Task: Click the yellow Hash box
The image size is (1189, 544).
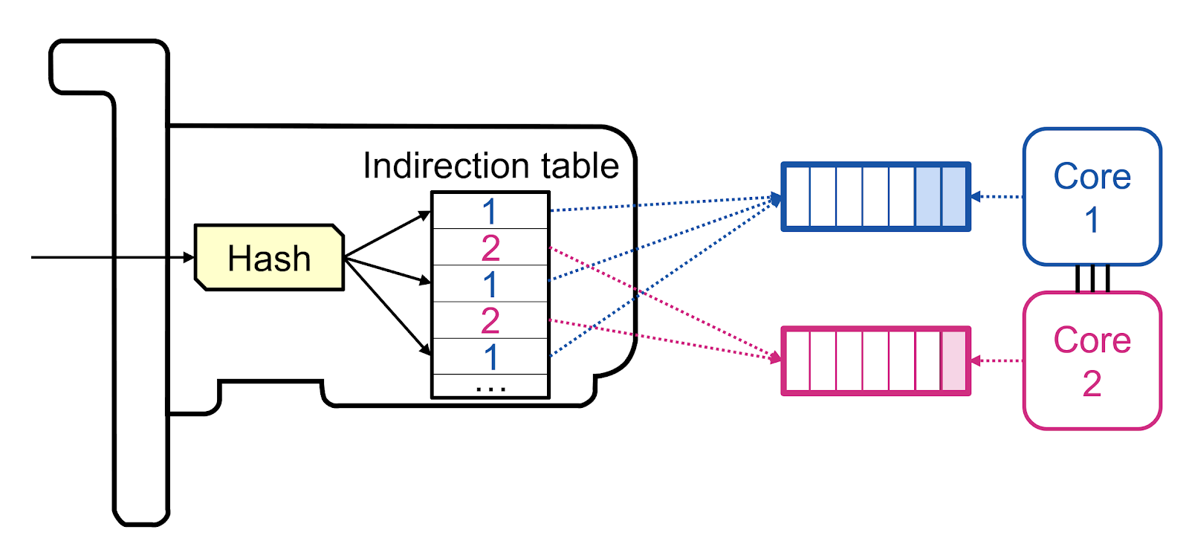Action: pos(269,257)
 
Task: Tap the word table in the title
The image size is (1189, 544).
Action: pos(580,166)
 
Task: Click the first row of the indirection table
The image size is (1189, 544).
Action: pos(490,211)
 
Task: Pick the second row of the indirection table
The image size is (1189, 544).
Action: pos(490,247)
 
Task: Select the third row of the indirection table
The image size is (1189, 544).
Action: pos(490,284)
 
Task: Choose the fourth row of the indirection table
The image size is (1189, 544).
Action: pos(490,320)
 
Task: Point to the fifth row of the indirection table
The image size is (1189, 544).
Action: pos(490,357)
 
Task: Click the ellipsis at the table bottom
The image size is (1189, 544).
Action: pos(490,387)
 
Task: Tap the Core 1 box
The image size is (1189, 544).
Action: pos(1092,197)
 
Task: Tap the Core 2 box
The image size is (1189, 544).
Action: pos(1092,360)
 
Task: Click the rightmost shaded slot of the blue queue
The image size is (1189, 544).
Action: pos(954,197)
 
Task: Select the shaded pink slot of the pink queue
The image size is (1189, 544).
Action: pos(954,360)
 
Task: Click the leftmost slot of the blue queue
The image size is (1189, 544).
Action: pos(797,197)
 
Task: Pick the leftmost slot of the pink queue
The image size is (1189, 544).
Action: pos(797,360)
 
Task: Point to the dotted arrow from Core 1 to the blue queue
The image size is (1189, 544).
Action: pos(997,197)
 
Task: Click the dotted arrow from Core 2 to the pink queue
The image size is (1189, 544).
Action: pos(997,360)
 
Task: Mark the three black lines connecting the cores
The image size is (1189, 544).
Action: pos(1092,278)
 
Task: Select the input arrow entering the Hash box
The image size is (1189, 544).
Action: pos(111,257)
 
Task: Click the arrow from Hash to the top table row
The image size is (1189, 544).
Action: pos(386,235)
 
